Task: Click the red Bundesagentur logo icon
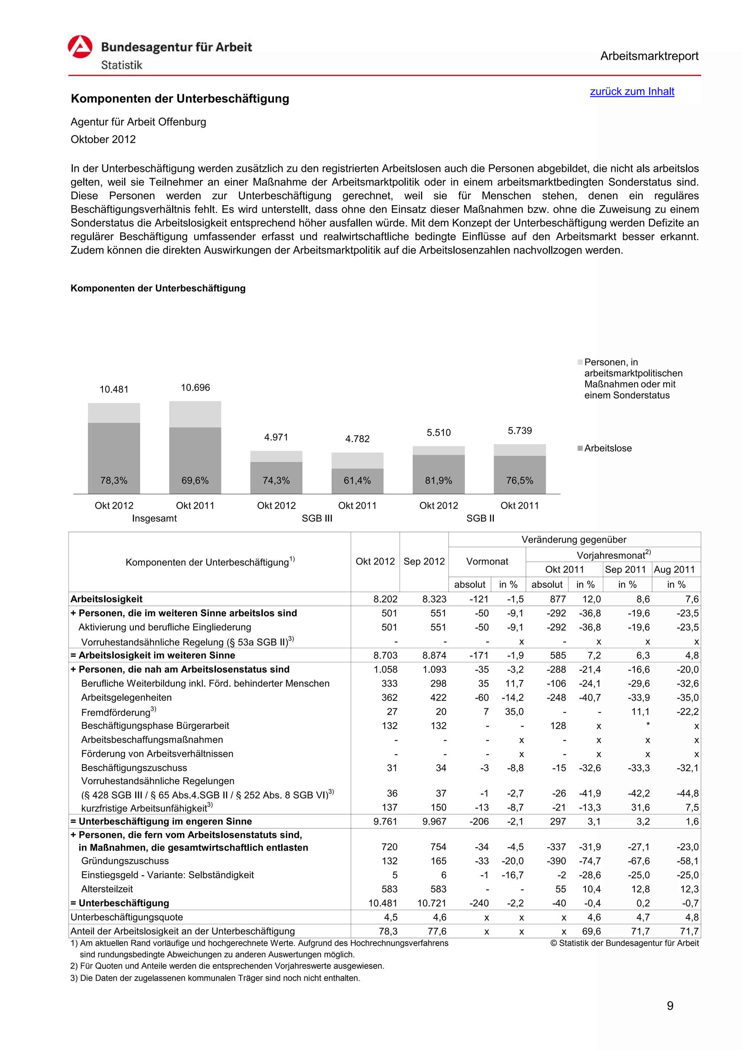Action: click(80, 47)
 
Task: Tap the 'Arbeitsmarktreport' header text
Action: click(649, 56)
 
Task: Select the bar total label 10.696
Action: click(195, 387)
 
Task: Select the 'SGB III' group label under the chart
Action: click(317, 518)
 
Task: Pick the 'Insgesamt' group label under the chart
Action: click(154, 518)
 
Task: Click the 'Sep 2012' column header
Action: click(424, 561)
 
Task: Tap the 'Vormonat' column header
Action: click(487, 561)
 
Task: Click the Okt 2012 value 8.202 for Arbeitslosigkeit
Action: click(385, 599)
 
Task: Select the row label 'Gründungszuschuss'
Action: click(125, 861)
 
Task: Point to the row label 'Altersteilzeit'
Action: click(107, 889)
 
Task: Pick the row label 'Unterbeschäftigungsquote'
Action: click(127, 917)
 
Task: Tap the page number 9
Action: click(670, 1006)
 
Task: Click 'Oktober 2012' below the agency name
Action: click(103, 139)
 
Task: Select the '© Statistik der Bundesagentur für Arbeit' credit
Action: click(624, 943)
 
